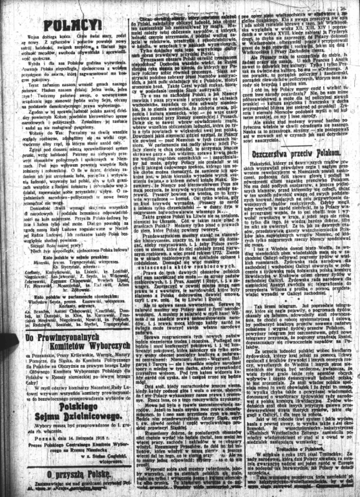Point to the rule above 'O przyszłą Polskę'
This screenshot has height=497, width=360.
70,466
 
